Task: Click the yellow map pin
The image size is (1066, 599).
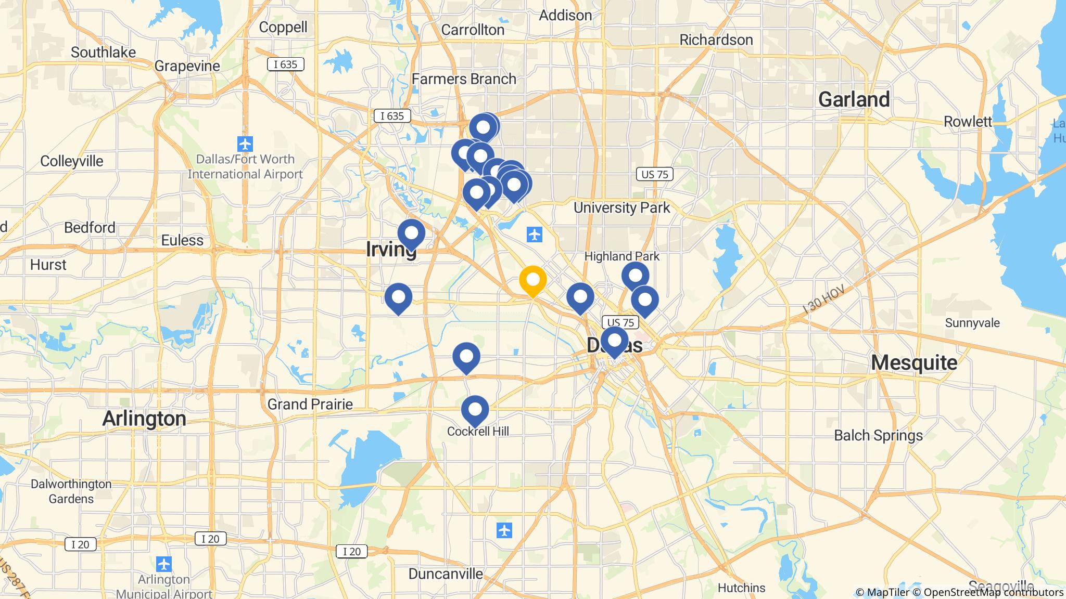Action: tap(532, 280)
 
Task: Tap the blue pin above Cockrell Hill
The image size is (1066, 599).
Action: tap(475, 410)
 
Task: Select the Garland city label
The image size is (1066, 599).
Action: tap(854, 99)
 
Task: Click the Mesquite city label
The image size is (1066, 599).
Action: tap(914, 362)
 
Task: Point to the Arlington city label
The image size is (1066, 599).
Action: tap(144, 419)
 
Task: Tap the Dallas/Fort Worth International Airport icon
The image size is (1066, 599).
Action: tap(245, 144)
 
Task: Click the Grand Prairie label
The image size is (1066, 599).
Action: tap(310, 404)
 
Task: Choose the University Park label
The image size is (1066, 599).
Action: tap(621, 208)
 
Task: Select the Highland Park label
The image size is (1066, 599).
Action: tap(621, 256)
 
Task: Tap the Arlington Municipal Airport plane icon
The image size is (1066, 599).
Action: tap(164, 564)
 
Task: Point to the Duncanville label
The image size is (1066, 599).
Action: tap(446, 574)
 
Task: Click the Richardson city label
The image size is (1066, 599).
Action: tap(716, 40)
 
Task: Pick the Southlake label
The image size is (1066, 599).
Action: tap(103, 53)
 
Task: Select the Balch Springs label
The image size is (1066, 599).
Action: tap(878, 435)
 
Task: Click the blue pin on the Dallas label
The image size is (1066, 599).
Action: tap(614, 341)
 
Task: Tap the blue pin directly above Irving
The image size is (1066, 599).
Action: tap(411, 233)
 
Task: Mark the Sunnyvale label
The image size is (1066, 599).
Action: tap(972, 323)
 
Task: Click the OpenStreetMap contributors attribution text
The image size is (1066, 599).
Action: tap(993, 592)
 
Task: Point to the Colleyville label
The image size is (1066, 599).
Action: tap(72, 161)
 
